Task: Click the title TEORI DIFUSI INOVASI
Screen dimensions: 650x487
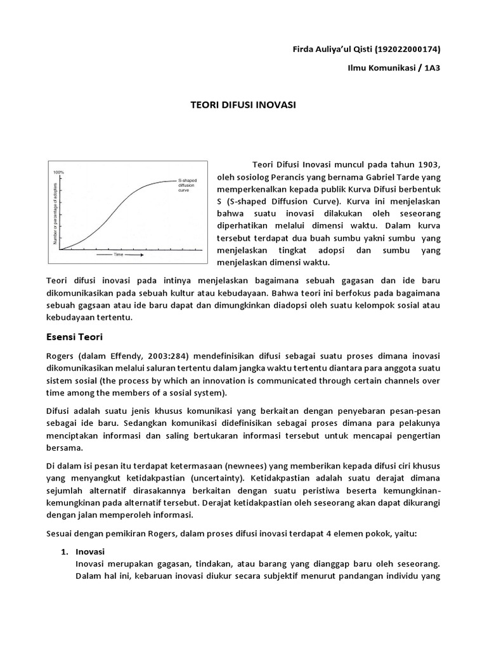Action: pos(243,105)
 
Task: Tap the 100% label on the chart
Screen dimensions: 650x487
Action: pos(58,172)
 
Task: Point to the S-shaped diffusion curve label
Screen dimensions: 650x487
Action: pos(188,185)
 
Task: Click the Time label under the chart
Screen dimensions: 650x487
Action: pos(118,255)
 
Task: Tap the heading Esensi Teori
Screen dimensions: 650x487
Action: pos(75,336)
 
